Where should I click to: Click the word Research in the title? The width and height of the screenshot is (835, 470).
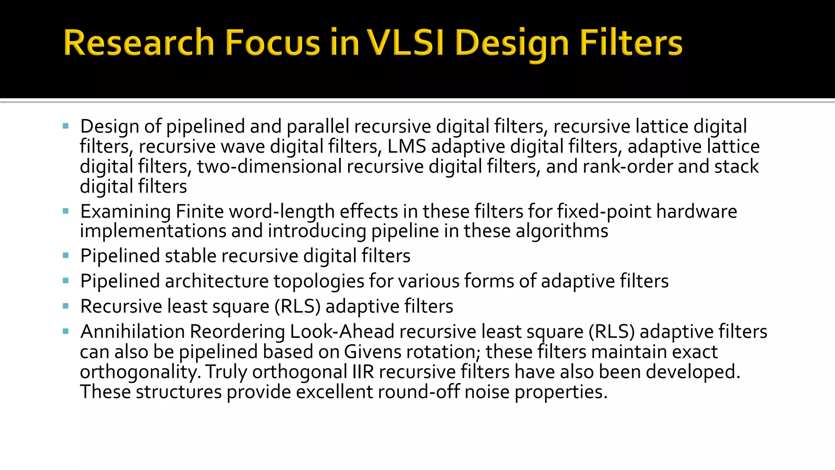[x=139, y=43]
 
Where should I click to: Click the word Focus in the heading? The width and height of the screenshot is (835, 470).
[x=272, y=43]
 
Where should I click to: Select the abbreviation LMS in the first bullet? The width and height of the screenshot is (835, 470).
[x=406, y=146]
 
